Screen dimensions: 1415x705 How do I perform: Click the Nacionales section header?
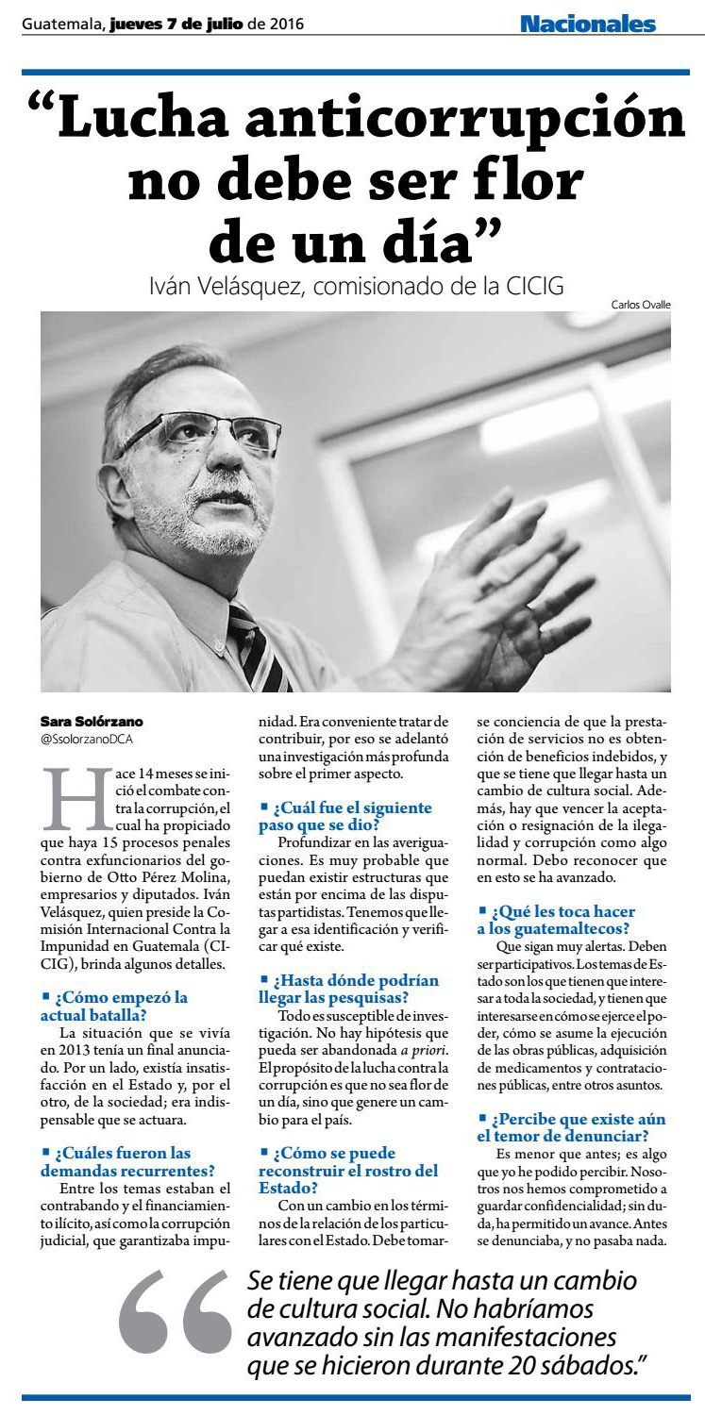pyautogui.click(x=587, y=24)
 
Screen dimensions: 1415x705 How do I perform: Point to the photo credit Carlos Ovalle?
pyautogui.click(x=641, y=304)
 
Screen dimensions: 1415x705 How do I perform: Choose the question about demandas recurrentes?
pyautogui.click(x=127, y=1162)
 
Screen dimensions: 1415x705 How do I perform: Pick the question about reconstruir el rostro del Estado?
pyautogui.click(x=348, y=1171)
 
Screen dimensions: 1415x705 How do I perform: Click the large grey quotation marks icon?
pyautogui.click(x=176, y=1325)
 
